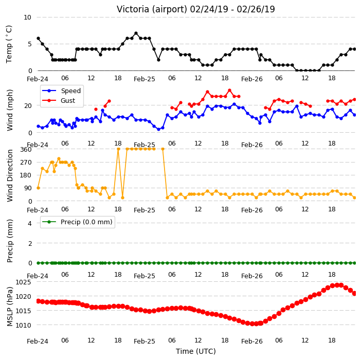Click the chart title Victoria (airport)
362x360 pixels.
152,9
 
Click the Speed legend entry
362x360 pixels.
61,91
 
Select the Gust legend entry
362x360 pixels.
59,100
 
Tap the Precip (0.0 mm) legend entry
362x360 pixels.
77,222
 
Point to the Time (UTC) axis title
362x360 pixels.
196,351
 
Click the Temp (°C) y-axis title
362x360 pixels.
9,44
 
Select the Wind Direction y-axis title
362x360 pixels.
9,175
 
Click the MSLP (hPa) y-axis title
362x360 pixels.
9,306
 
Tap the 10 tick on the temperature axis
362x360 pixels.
27,17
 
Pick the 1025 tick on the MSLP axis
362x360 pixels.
23,282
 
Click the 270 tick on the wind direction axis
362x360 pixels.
26,163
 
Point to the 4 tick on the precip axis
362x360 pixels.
30,223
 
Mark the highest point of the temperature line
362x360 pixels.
136,33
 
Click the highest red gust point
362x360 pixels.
229,91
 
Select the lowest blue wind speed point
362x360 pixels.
158,129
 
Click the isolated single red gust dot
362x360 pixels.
96,109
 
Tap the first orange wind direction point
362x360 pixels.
39,188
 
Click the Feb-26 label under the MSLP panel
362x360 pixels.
252,341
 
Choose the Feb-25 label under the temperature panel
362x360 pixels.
144,79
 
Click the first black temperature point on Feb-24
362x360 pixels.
39,39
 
